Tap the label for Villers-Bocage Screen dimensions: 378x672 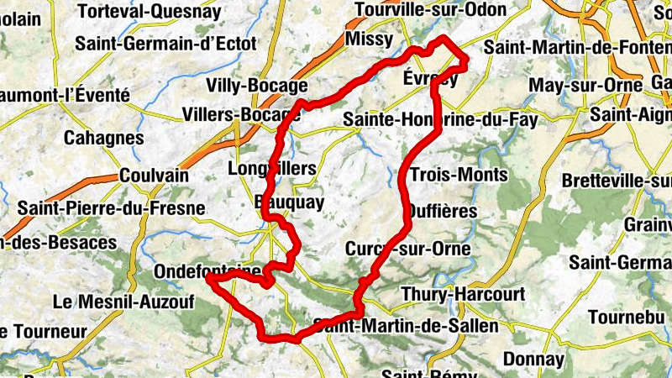pyautogui.click(x=240, y=114)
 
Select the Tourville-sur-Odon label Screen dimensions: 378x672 pyautogui.click(x=431, y=10)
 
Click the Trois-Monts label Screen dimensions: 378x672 pyautogui.click(x=459, y=175)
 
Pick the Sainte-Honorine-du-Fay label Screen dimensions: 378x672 pyautogui.click(x=440, y=121)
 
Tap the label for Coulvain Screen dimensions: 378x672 pyautogui.click(x=154, y=175)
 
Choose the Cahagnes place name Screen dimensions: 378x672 pyautogui.click(x=105, y=138)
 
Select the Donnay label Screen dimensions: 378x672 pyautogui.click(x=533, y=359)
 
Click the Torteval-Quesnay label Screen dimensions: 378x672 pyautogui.click(x=149, y=12)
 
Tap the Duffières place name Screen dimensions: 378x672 pyautogui.click(x=441, y=212)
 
